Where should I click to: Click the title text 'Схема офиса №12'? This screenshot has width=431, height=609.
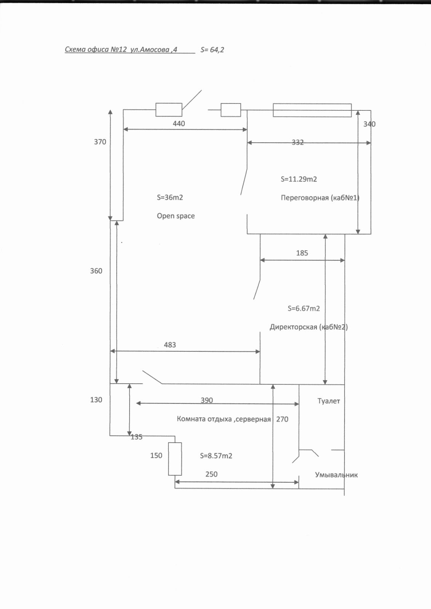pos(96,49)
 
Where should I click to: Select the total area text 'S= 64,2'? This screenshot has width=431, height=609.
pos(212,50)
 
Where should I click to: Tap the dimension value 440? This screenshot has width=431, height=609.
pos(179,124)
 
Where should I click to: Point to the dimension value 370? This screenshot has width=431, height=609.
pos(100,142)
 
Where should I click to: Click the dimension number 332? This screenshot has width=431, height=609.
pos(298,142)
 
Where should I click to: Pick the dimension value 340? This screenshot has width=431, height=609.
pos(369,124)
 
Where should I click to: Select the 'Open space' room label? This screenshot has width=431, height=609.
pos(176,216)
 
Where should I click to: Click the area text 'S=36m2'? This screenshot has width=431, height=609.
pos(170,198)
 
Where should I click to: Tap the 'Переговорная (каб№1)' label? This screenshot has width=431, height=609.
pos(320,198)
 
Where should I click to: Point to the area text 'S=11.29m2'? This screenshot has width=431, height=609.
pos(299,179)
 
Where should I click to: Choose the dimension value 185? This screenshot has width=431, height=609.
pos(302,253)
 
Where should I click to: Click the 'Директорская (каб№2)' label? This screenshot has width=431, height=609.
pos(309,327)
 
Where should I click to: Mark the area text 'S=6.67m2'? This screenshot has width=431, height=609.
pos(304,309)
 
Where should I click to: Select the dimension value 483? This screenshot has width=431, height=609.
pos(170,345)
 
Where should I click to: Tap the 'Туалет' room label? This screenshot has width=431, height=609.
pos(328,401)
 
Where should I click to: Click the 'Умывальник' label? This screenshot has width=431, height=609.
pos(336,475)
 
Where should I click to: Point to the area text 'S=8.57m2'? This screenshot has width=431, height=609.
pos(216,456)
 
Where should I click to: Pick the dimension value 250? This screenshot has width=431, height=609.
pos(211,474)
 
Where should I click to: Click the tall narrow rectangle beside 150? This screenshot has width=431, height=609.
pos(175,459)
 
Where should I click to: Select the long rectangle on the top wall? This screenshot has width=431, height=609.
pos(312,110)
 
